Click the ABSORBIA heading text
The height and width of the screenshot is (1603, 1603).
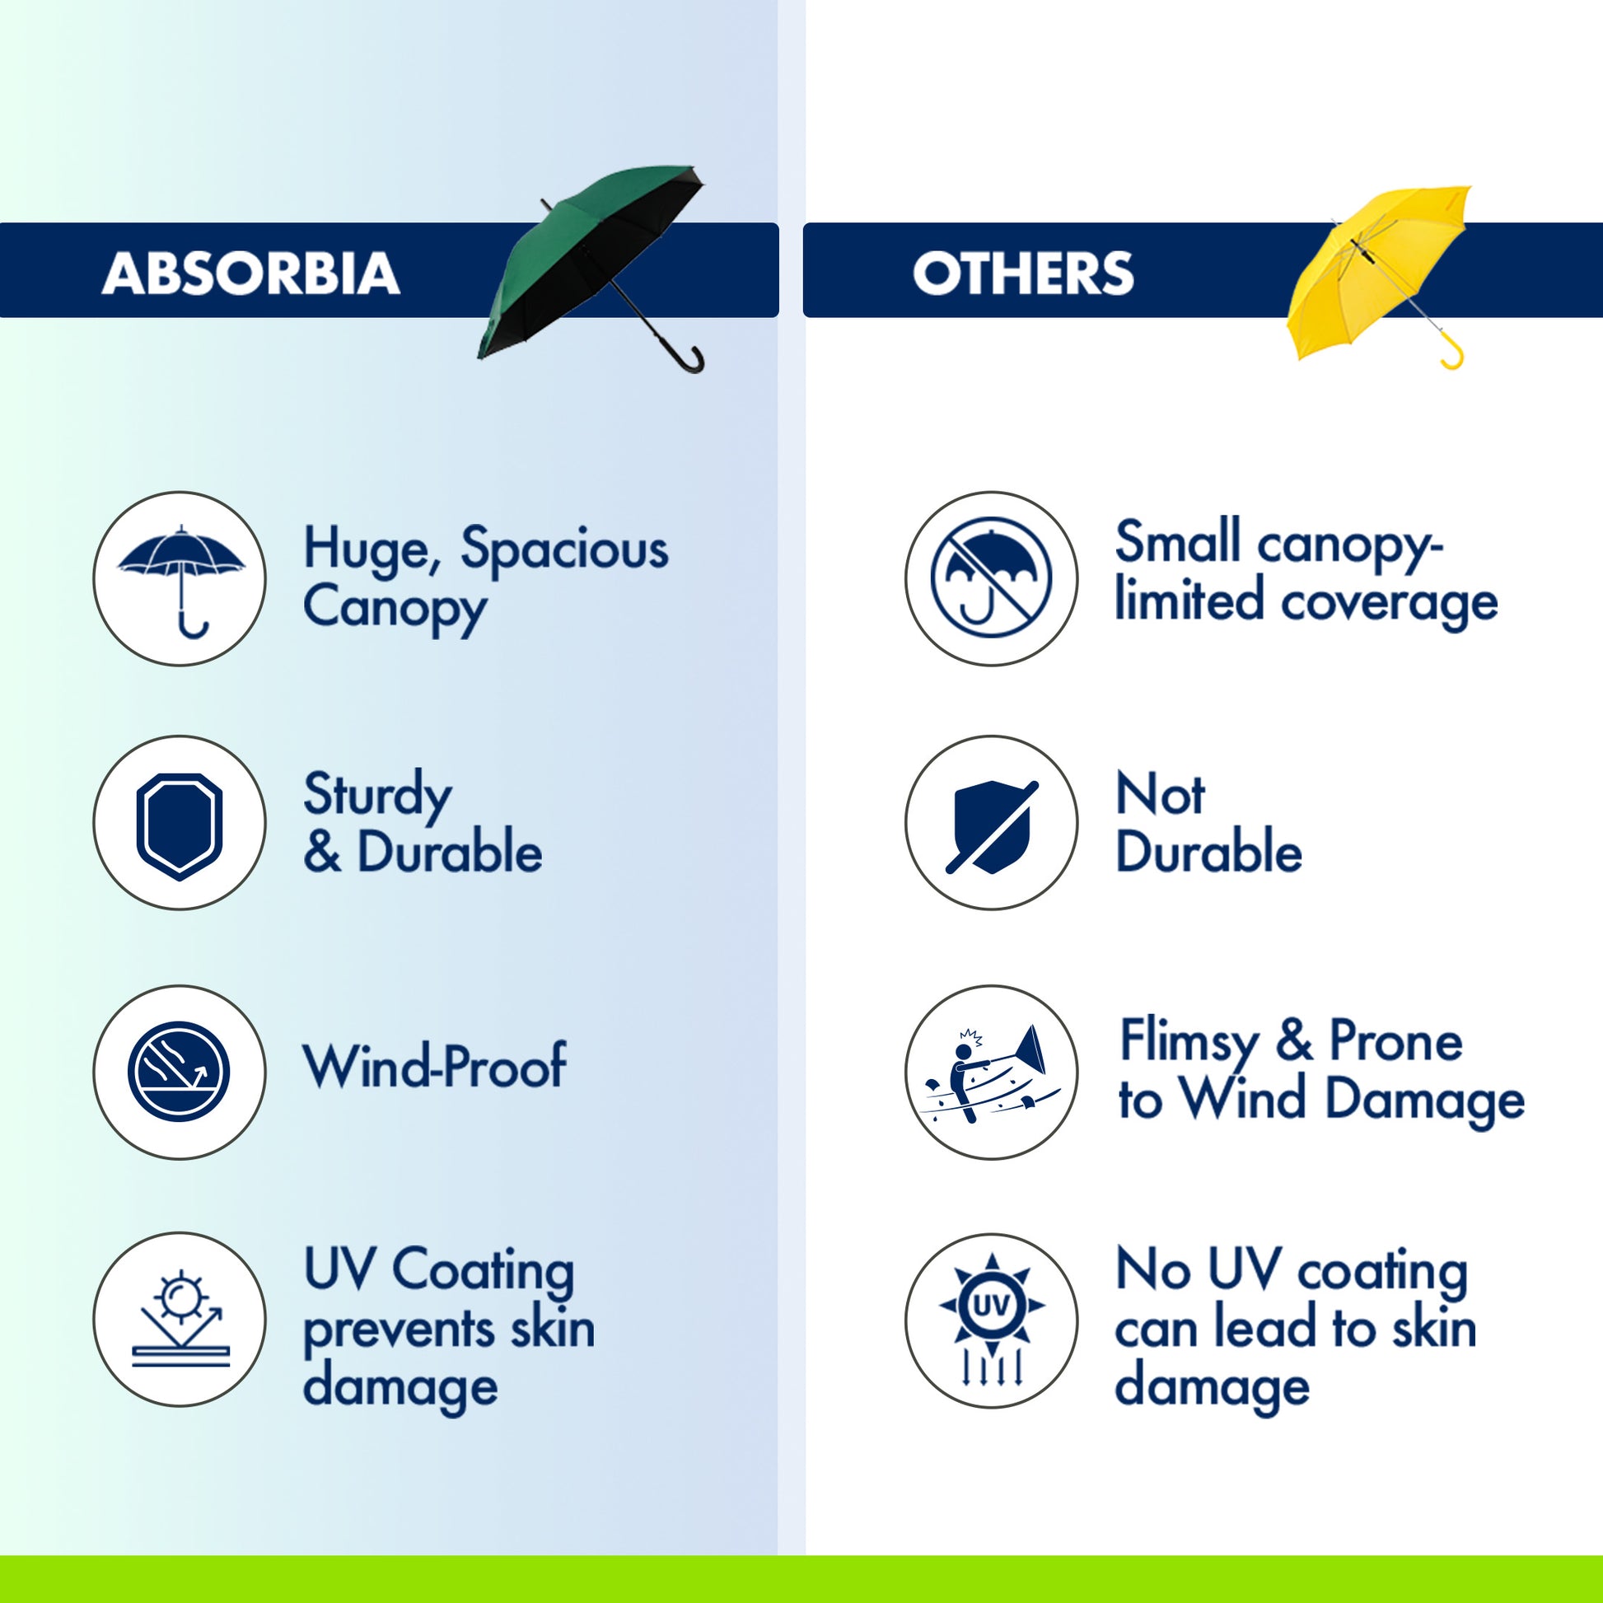point(250,273)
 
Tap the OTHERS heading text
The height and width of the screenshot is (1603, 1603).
point(1023,273)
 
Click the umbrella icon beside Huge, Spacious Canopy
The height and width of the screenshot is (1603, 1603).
point(181,581)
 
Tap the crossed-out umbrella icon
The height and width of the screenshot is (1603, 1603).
point(992,577)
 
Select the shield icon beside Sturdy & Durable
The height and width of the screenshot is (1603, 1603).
point(180,825)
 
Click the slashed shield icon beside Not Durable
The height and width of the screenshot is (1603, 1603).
point(992,826)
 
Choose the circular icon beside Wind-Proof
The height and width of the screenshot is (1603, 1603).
point(180,1071)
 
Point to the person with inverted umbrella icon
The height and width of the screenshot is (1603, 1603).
point(992,1075)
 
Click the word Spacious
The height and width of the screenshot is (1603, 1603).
point(564,549)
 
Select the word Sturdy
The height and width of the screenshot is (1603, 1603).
point(377,796)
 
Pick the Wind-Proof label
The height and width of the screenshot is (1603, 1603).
point(435,1065)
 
